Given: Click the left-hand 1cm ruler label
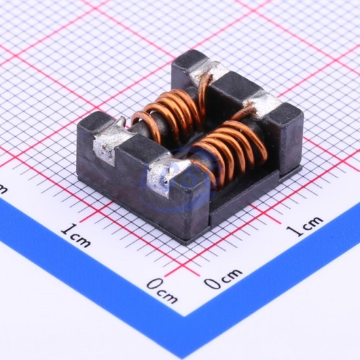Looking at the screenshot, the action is pyautogui.click(x=76, y=235).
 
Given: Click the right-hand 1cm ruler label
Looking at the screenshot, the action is pyautogui.click(x=305, y=226).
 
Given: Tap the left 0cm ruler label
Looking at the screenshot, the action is pyautogui.click(x=162, y=290).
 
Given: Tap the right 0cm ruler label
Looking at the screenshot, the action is pyautogui.click(x=223, y=278).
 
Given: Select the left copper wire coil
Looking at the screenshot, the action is pyautogui.click(x=171, y=115).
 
